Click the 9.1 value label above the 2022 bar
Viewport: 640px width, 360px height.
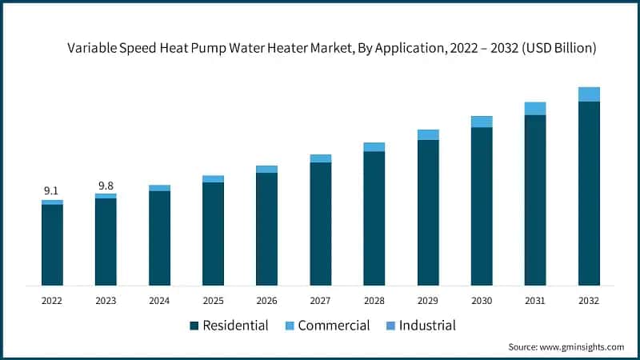[51, 190]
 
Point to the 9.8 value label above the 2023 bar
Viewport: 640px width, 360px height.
[106, 185]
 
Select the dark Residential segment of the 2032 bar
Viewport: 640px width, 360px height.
[589, 193]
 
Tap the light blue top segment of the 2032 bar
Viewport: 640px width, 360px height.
[589, 94]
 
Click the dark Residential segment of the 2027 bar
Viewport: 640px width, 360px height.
[320, 223]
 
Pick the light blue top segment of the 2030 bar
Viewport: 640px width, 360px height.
[482, 122]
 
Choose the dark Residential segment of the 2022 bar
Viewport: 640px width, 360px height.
[52, 245]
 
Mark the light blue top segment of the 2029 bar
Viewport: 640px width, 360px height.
[428, 134]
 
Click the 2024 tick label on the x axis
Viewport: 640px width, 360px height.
[159, 301]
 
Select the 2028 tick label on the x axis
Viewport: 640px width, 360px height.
[374, 301]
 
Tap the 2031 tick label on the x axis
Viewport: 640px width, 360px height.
[535, 301]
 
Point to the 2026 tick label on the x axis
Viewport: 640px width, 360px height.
[266, 301]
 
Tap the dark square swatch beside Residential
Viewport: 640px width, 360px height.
[194, 326]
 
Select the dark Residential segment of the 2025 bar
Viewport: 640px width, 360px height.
[213, 234]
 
